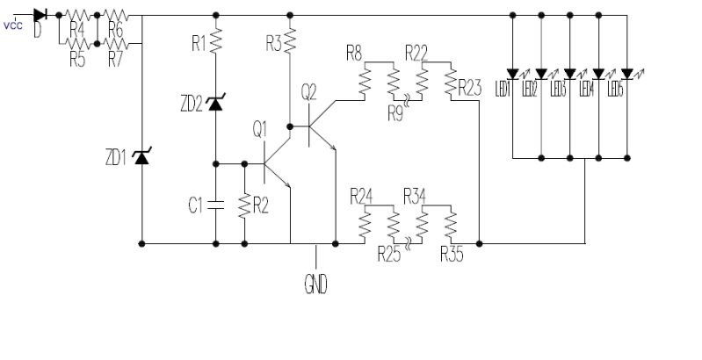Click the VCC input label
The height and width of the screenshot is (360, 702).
pyautogui.click(x=12, y=25)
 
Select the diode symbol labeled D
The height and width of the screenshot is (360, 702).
pyautogui.click(x=40, y=15)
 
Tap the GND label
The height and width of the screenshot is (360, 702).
pyautogui.click(x=315, y=285)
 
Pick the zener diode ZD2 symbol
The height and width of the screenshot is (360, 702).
pyautogui.click(x=216, y=104)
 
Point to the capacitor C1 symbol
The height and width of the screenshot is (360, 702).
pyautogui.click(x=216, y=205)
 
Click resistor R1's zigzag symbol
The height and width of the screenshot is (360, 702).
pyautogui.click(x=216, y=41)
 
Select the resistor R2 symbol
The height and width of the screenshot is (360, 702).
pyautogui.click(x=244, y=205)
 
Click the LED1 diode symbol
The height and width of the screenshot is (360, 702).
pyautogui.click(x=512, y=73)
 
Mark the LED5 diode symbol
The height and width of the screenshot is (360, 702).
pyautogui.click(x=627, y=73)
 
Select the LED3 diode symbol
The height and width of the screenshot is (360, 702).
pyautogui.click(x=569, y=73)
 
